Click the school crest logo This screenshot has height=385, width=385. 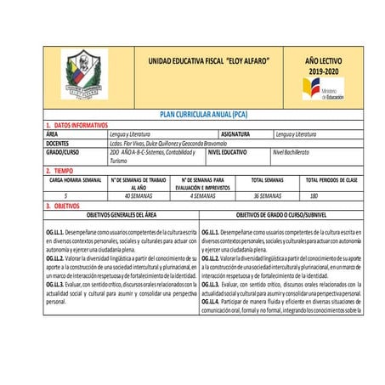83,75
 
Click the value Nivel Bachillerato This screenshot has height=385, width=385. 292,152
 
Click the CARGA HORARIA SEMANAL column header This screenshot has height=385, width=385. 76,180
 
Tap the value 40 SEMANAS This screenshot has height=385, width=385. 139,195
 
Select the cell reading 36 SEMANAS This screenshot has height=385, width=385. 268,195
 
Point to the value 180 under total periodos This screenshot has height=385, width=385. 337,195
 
